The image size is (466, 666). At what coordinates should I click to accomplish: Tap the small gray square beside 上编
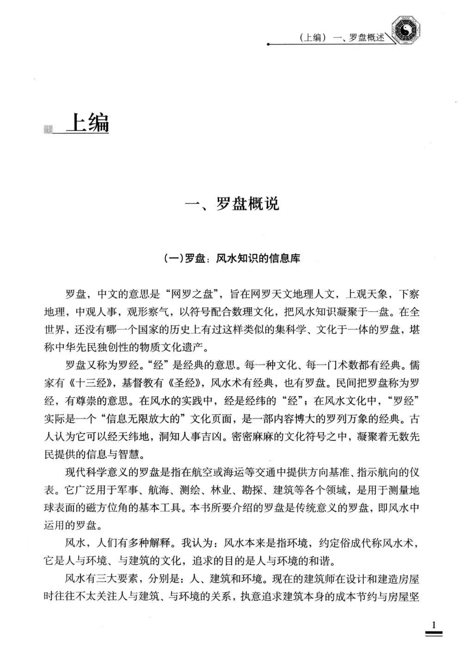click(47, 129)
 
